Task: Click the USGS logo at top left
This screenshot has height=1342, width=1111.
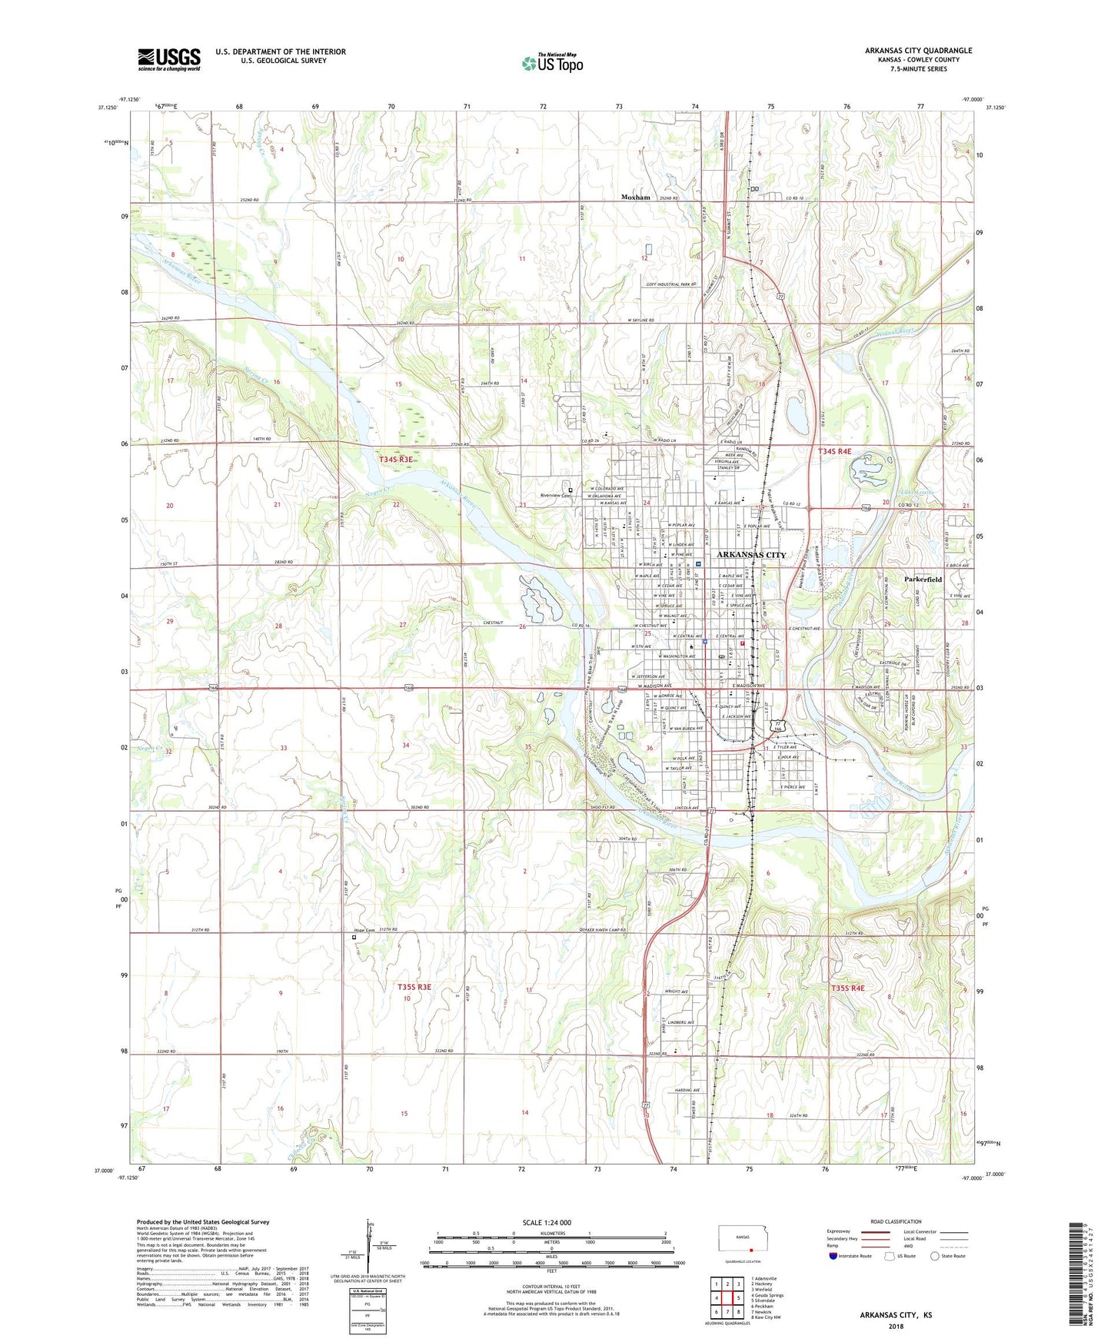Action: coord(169,58)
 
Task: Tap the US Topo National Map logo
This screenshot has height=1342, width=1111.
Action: coord(551,63)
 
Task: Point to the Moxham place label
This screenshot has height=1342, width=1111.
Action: coord(636,198)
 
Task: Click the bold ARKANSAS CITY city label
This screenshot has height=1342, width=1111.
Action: coord(751,555)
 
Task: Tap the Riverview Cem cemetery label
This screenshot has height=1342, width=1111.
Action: coord(555,496)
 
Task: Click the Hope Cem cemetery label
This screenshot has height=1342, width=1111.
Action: coord(364,931)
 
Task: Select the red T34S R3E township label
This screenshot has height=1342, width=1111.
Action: coord(396,459)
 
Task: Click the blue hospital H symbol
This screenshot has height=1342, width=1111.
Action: coord(697,564)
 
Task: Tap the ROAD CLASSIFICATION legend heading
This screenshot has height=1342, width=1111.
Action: coord(896,1221)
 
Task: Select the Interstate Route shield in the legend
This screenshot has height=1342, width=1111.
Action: coord(833,1256)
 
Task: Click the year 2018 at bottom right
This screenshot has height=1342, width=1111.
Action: coord(896,1326)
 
